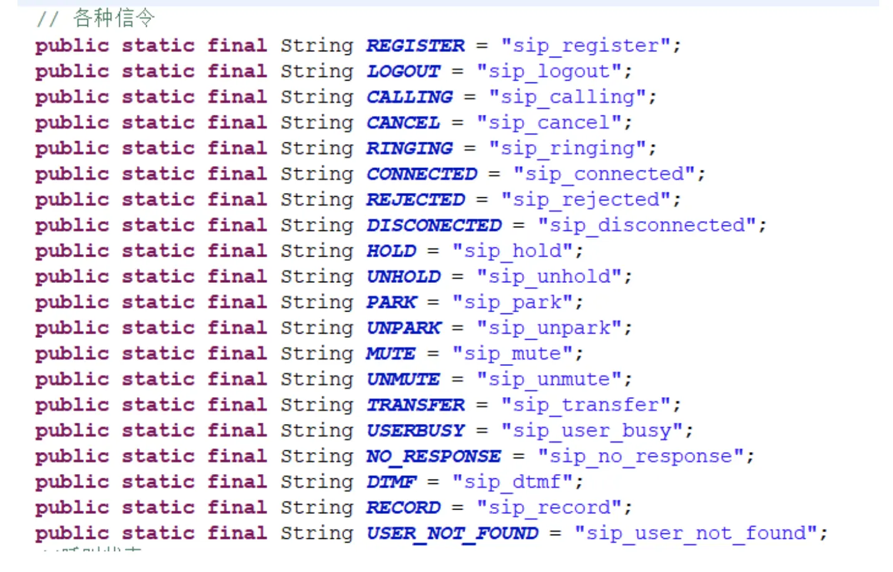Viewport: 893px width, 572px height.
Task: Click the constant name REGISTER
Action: pos(415,46)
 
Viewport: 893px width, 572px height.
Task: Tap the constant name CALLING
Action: pos(409,97)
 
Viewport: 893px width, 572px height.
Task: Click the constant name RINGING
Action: pos(409,148)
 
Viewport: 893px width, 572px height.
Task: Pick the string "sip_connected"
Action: pos(604,174)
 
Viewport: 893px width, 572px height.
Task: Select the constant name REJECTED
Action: pos(415,199)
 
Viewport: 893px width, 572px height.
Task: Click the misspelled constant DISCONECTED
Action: pos(434,225)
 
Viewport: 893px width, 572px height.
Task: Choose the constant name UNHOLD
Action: pos(403,277)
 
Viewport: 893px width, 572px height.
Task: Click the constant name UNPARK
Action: pos(403,328)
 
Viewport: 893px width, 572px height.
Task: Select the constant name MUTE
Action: pos(390,353)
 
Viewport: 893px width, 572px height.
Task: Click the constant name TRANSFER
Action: pos(415,405)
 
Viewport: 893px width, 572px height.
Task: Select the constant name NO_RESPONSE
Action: pos(433,456)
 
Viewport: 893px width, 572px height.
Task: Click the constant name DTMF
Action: pos(391,482)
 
